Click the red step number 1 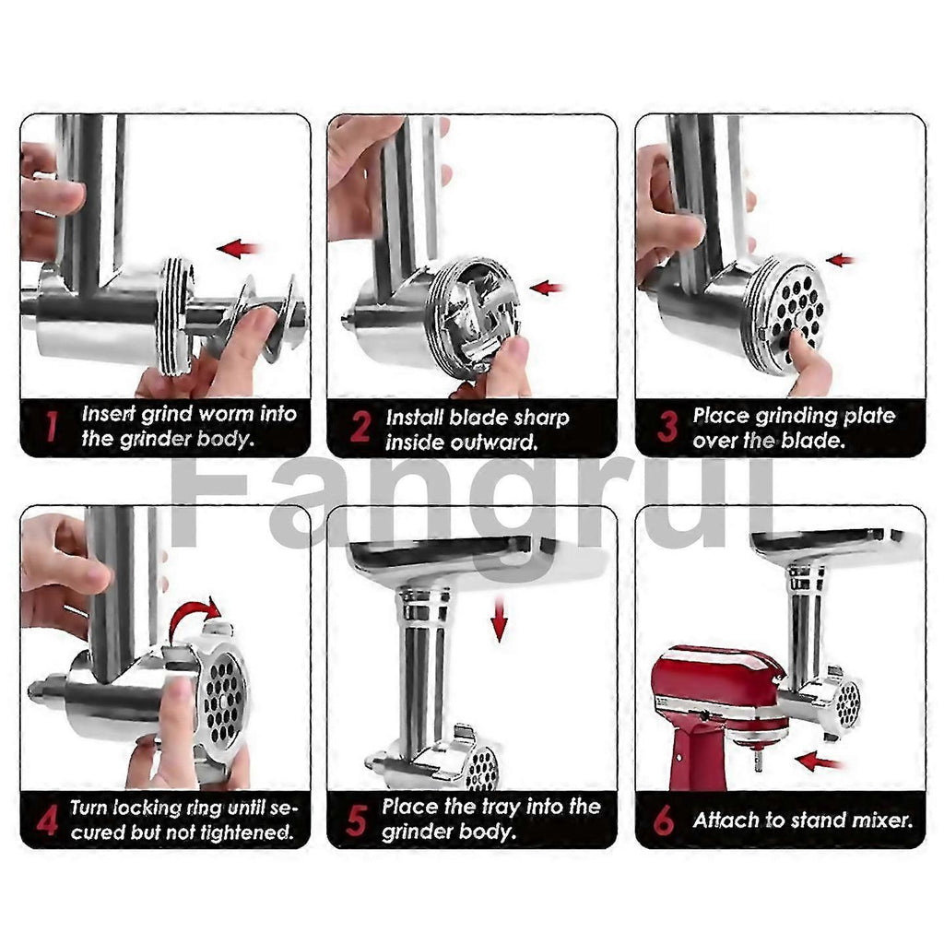coord(52,426)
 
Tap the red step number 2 coord(360,426)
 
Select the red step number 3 coord(667,426)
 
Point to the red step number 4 coord(47,820)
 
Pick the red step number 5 coord(356,820)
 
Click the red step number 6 coord(664,820)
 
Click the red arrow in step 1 coord(239,248)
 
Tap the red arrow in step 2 coord(547,288)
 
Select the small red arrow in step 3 coord(841,260)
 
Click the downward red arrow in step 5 coord(499,619)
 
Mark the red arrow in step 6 coord(818,761)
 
